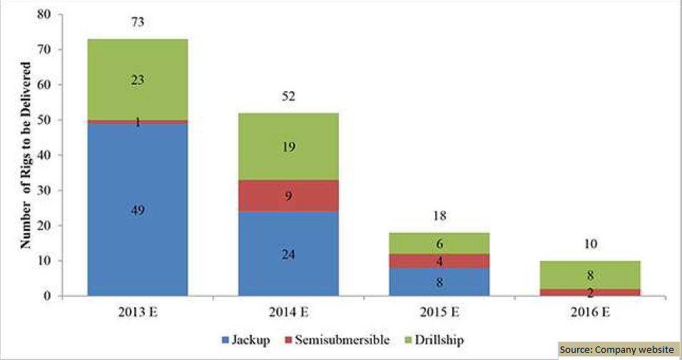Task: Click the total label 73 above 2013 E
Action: (x=138, y=22)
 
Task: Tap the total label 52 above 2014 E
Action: (x=288, y=96)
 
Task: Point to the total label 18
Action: (x=439, y=215)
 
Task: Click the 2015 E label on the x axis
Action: (x=439, y=313)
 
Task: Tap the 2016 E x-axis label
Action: (x=590, y=313)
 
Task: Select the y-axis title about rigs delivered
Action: (x=26, y=155)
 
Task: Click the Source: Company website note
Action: (x=617, y=350)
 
